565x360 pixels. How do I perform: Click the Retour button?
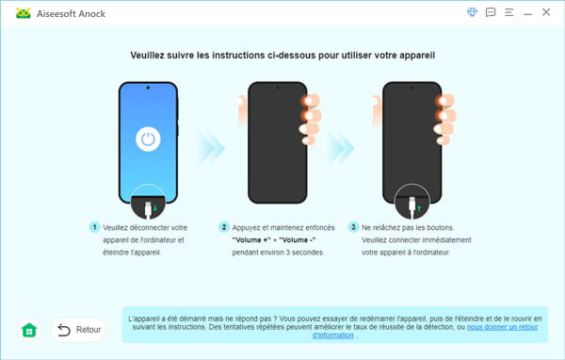(78, 330)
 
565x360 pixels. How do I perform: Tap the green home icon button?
(29, 330)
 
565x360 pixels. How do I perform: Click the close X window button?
(545, 12)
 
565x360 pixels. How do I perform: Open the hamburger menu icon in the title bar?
(509, 12)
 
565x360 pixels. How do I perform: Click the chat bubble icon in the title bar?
(491, 12)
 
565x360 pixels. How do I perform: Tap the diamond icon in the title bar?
(473, 12)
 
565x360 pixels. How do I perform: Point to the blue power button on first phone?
(147, 140)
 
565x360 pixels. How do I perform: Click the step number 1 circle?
(95, 227)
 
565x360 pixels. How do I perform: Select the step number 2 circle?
(224, 227)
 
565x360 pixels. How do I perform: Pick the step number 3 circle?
(354, 227)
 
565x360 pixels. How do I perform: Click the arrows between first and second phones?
(213, 146)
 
